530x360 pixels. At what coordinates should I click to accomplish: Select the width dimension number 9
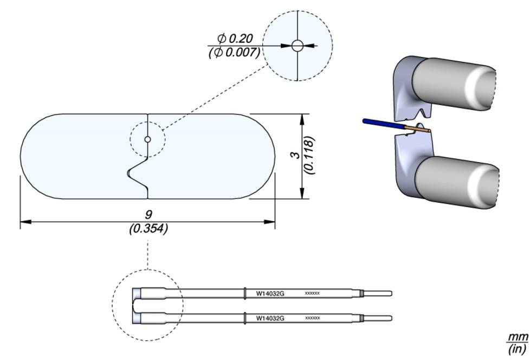point(148,215)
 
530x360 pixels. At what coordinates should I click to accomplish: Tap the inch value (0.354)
point(148,228)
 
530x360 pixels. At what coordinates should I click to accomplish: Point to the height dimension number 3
point(296,155)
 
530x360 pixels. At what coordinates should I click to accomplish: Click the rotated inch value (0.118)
point(309,155)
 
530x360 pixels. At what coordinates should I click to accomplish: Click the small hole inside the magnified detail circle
point(297,46)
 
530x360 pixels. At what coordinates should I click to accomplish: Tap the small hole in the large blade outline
point(147,140)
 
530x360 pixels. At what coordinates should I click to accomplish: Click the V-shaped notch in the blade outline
point(135,172)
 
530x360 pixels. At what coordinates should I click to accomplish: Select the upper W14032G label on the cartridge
point(270,294)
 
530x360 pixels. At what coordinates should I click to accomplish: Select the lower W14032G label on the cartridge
point(270,318)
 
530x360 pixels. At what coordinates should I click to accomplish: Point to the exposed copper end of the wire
point(420,130)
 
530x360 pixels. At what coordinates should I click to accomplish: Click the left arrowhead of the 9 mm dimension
point(24,221)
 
